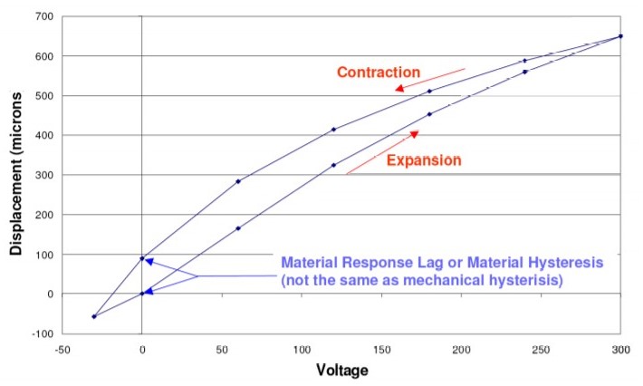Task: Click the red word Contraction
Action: coord(378,72)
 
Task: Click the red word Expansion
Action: coord(424,160)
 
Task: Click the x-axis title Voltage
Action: coord(341,370)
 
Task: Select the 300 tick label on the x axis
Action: coord(620,349)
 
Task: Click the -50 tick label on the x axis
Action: coord(61,349)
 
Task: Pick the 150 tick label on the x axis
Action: coord(380,349)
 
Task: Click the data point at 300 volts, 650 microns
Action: coord(620,36)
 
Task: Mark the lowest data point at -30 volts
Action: coord(94,316)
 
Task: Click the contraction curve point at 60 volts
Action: coord(238,181)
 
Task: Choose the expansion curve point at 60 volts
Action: coord(238,228)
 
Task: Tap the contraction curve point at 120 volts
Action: coord(333,130)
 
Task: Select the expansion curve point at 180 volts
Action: coord(429,114)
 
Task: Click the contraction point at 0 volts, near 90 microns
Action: coord(142,258)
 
